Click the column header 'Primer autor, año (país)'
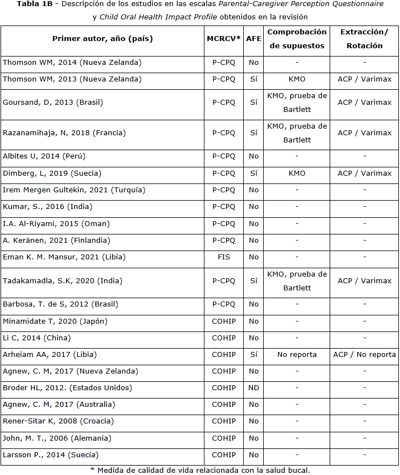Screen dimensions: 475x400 (102, 39)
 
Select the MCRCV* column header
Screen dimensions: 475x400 (224, 39)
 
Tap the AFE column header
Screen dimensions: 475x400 (254, 39)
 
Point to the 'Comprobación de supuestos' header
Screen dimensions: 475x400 (297, 39)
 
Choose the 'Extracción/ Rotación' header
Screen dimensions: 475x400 (364, 39)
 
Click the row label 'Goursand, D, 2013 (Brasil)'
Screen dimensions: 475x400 (53, 103)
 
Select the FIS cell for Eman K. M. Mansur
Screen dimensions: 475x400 (224, 257)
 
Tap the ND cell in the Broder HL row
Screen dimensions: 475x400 (254, 388)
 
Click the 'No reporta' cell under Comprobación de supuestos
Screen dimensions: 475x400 (297, 355)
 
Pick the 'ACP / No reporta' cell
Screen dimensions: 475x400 (364, 355)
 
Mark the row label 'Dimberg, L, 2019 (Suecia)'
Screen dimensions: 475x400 (52, 173)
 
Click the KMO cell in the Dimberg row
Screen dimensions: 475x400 (297, 173)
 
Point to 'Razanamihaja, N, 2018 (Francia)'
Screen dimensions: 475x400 (64, 133)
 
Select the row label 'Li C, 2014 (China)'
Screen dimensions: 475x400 (37, 338)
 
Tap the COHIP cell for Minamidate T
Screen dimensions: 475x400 (224, 321)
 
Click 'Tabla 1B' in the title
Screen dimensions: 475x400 (35, 4)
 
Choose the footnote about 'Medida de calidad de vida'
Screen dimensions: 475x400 (200, 471)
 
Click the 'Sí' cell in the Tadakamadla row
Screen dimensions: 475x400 (254, 281)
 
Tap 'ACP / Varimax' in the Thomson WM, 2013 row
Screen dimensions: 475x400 (364, 79)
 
